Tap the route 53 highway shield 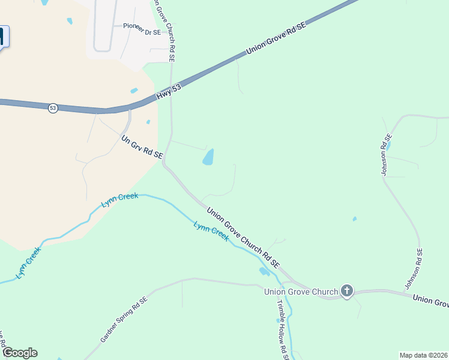point(53,108)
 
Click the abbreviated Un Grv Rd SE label point(142,148)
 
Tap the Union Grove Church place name point(301,292)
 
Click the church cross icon point(346,292)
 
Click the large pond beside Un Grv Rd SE point(208,157)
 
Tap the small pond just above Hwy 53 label point(134,91)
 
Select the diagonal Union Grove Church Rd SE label point(243,237)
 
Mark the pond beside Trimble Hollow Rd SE point(264,272)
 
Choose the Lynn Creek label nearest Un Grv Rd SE point(120,200)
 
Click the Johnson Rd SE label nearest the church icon point(414,269)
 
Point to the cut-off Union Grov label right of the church point(431,299)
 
